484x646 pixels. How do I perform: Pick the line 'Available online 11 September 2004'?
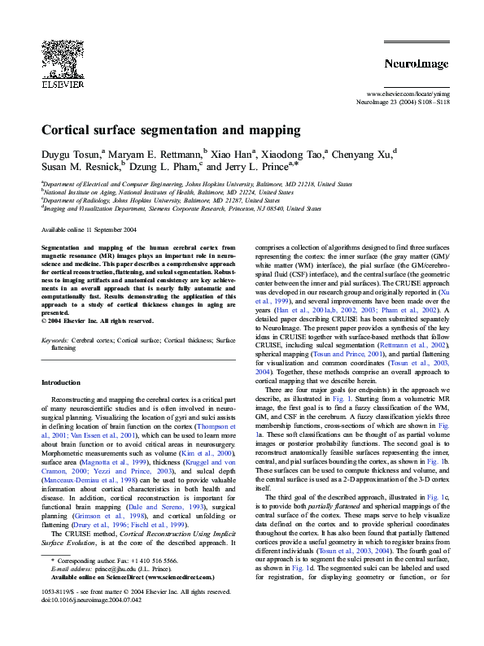pyautogui.click(x=89, y=230)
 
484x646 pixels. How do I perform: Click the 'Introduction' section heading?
pyautogui.click(x=62, y=382)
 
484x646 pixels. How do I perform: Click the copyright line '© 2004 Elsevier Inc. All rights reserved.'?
pyautogui.click(x=98, y=321)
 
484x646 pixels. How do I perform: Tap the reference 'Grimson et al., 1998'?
pyautogui.click(x=106, y=516)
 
